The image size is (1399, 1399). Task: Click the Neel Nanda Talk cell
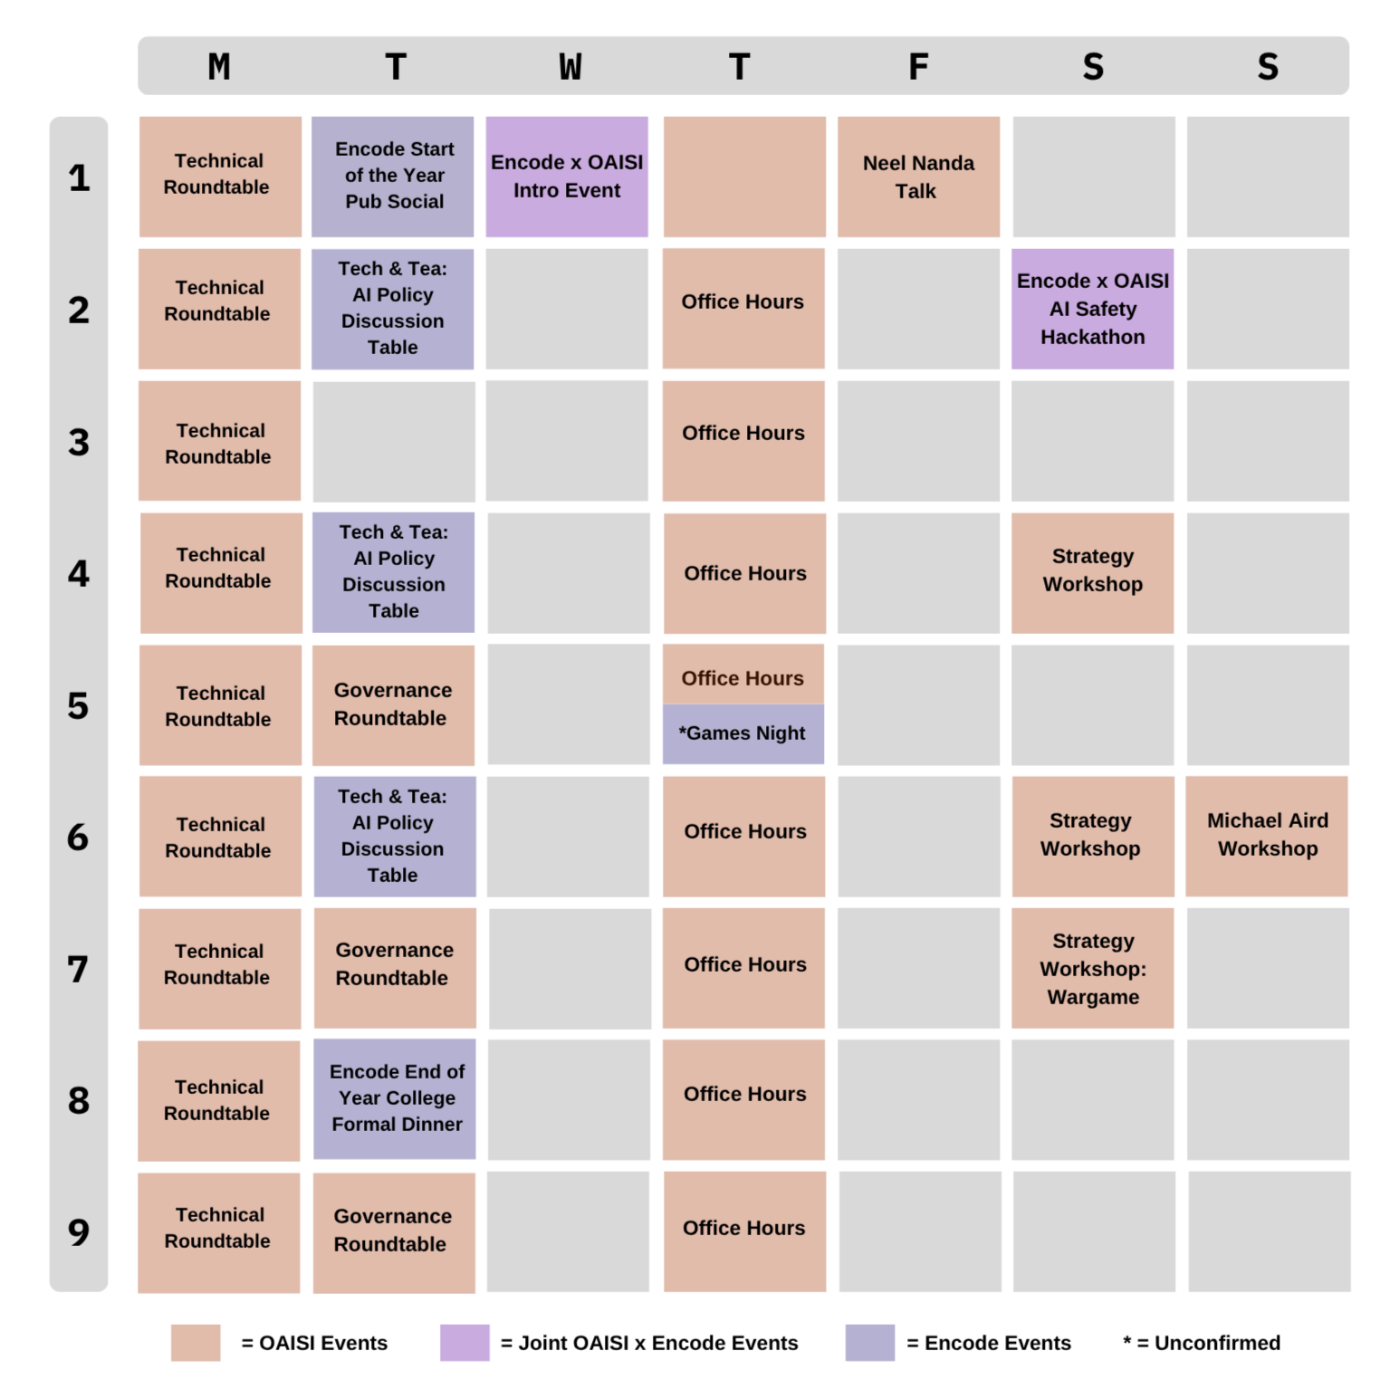pyautogui.click(x=918, y=177)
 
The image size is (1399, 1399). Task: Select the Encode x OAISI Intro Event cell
pyautogui.click(x=567, y=177)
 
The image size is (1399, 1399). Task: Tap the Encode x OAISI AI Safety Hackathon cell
pyautogui.click(x=1092, y=309)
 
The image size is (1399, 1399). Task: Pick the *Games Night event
pyautogui.click(x=743, y=733)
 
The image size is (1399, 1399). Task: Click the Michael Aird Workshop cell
pyautogui.click(x=1267, y=836)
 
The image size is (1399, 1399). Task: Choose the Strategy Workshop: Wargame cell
pyautogui.click(x=1092, y=968)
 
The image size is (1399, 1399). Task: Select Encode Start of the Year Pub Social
pyautogui.click(x=393, y=177)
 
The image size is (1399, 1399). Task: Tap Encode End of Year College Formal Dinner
pyautogui.click(x=395, y=1099)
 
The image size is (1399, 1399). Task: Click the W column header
pyautogui.click(x=570, y=67)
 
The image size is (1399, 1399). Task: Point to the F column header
pyautogui.click(x=918, y=67)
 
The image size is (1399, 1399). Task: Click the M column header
pyautogui.click(x=219, y=67)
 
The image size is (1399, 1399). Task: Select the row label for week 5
pyautogui.click(x=79, y=705)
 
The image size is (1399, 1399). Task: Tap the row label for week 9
pyautogui.click(x=79, y=1231)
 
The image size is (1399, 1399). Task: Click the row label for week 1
pyautogui.click(x=79, y=177)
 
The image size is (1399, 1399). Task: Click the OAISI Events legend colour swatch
pyautogui.click(x=196, y=1343)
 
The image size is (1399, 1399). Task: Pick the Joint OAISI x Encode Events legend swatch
pyautogui.click(x=465, y=1343)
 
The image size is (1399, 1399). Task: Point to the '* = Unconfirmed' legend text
pyautogui.click(x=1202, y=1343)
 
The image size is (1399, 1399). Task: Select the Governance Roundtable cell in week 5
pyautogui.click(x=393, y=705)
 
